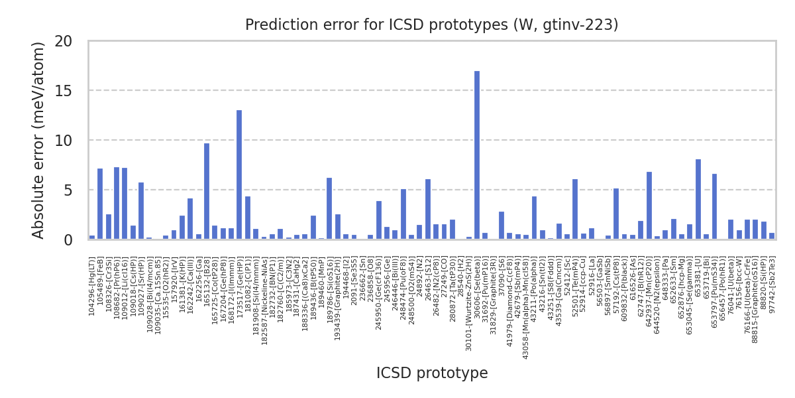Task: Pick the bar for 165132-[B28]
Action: click(207, 192)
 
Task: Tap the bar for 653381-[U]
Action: click(698, 200)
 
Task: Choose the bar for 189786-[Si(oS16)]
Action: click(329, 209)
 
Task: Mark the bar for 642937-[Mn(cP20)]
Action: click(649, 206)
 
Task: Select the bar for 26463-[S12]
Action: click(428, 210)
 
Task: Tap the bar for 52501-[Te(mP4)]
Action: click(575, 210)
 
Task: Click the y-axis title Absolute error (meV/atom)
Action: click(39, 140)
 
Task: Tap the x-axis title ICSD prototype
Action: click(432, 373)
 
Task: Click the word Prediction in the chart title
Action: click(274, 25)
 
